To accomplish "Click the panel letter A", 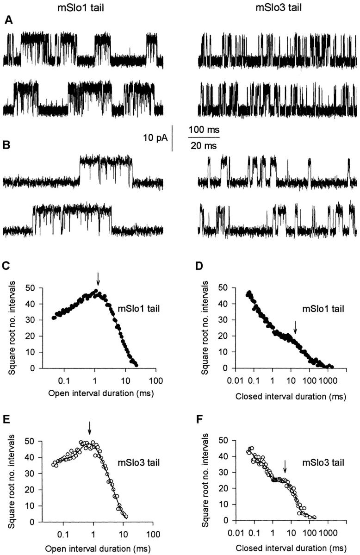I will click(8, 20).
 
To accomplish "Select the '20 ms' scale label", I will click(204, 145).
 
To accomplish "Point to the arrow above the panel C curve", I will click(98, 279).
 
